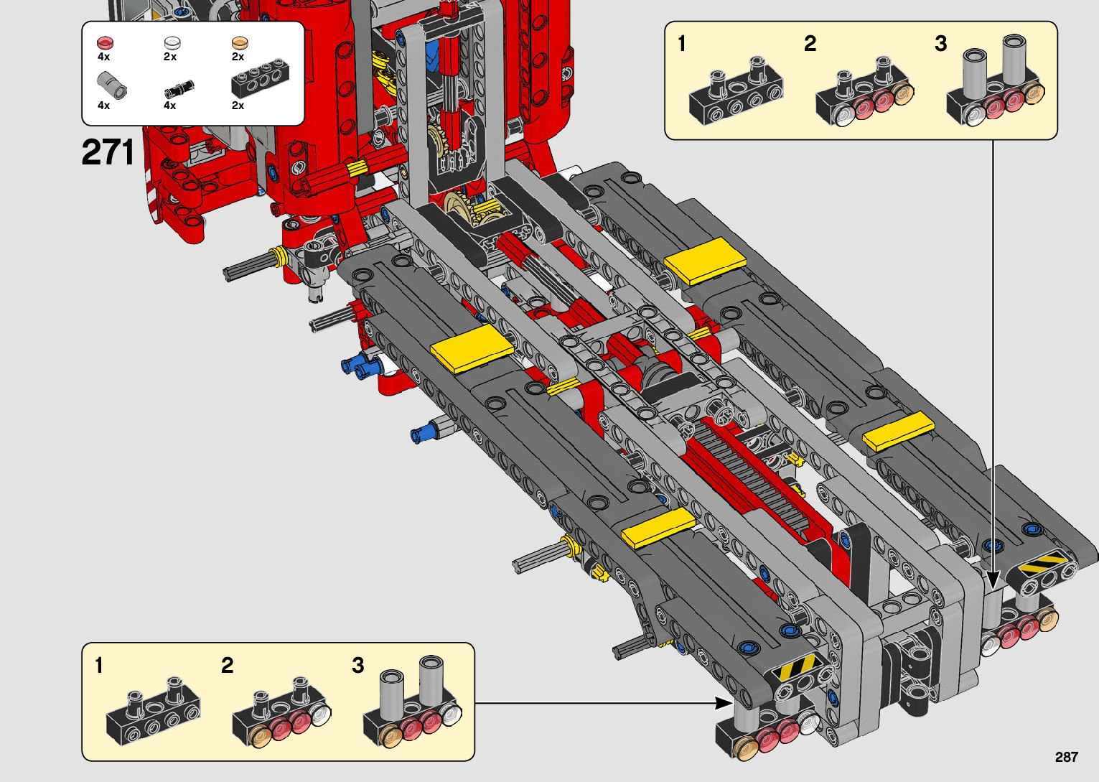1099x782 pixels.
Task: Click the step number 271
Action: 108,152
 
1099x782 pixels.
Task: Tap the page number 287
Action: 1066,757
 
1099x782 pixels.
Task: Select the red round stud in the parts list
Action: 105,43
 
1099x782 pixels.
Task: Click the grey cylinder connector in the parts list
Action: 113,85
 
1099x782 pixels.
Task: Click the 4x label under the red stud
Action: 104,57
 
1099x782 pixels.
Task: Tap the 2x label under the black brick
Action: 238,106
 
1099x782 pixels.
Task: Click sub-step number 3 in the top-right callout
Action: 940,44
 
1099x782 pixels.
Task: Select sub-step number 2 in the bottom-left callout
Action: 228,666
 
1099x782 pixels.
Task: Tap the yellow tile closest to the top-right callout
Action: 704,259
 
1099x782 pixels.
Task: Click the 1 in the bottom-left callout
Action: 99,666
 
